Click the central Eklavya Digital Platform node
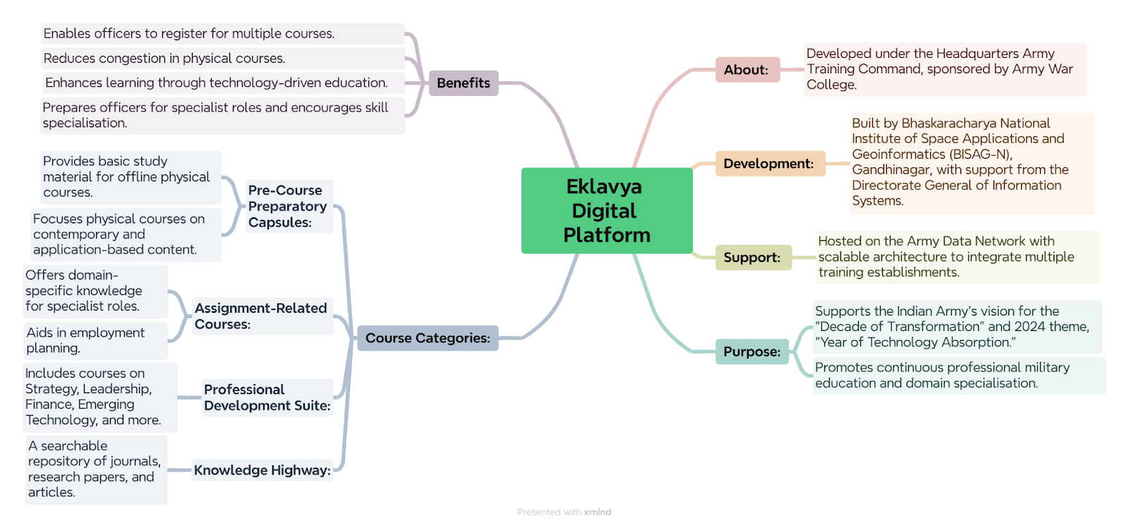pos(607,211)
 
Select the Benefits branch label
pos(464,83)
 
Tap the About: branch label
pos(747,70)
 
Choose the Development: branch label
pos(770,163)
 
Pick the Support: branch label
pos(754,257)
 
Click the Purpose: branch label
pos(752,352)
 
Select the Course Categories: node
pos(428,338)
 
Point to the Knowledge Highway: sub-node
pos(262,470)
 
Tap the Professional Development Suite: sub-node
pos(267,397)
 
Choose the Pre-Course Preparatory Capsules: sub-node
pos(289,206)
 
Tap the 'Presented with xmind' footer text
pos(564,512)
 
